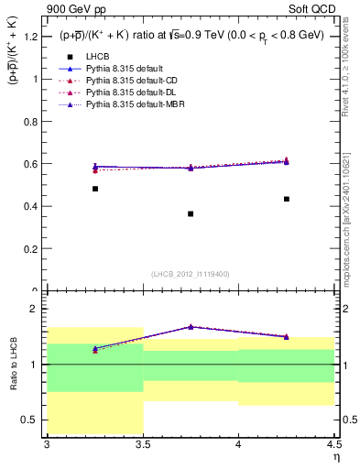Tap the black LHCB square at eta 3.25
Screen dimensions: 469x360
pyautogui.click(x=95, y=189)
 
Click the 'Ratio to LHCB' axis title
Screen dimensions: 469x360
pyautogui.click(x=13, y=365)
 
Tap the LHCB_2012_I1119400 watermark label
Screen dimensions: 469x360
pyautogui.click(x=191, y=274)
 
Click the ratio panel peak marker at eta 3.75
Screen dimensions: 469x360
pyautogui.click(x=191, y=326)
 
